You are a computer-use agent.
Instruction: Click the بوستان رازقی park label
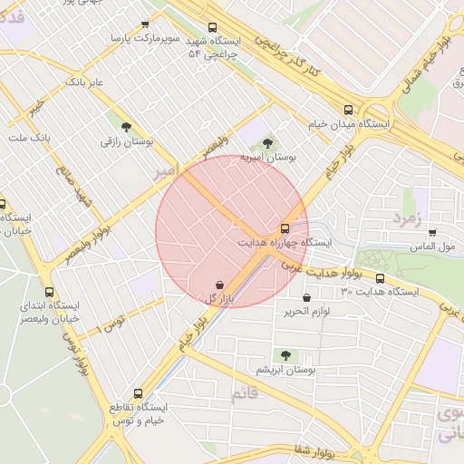click(127, 142)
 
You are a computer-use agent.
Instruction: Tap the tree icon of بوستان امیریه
click(266, 142)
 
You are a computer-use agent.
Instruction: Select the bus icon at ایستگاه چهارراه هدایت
click(285, 228)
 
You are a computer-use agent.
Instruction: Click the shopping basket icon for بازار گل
click(220, 285)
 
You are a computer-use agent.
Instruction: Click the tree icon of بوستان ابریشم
click(286, 356)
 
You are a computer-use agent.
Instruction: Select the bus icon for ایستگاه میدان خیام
click(348, 109)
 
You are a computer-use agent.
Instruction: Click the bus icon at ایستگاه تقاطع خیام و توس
click(138, 393)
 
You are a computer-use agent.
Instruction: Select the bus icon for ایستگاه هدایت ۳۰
click(379, 279)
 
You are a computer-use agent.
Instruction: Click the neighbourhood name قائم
click(246, 394)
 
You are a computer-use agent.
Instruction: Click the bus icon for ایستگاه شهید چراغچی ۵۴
click(212, 27)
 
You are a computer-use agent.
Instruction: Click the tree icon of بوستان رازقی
click(126, 127)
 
